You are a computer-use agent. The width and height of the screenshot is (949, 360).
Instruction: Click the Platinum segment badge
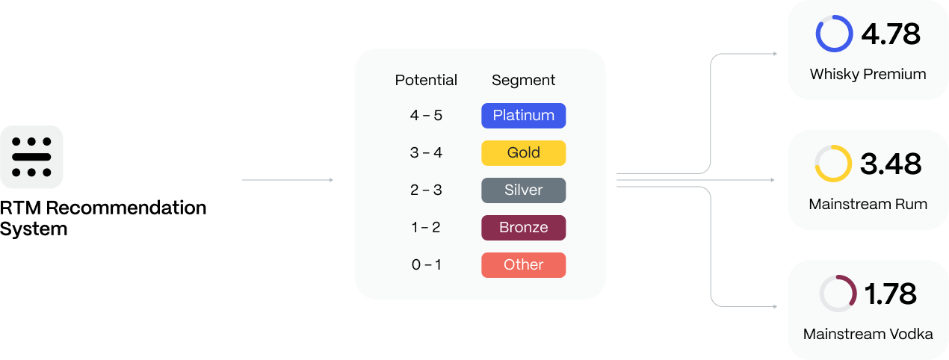(x=523, y=116)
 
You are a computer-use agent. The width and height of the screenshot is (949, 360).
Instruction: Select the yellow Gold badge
(x=523, y=153)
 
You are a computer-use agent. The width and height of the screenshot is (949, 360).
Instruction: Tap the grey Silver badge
(x=523, y=190)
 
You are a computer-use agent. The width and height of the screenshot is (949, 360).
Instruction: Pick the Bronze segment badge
(x=523, y=228)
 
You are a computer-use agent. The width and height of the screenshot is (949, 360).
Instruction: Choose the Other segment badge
(x=523, y=265)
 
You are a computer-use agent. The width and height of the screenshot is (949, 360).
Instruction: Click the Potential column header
(x=426, y=80)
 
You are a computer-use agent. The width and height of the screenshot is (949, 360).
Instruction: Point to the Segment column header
(x=523, y=80)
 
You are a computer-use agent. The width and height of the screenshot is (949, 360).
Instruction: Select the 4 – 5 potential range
(x=426, y=116)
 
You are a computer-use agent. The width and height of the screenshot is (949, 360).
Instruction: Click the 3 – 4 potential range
(x=426, y=153)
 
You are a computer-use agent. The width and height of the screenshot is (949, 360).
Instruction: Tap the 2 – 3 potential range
(x=426, y=190)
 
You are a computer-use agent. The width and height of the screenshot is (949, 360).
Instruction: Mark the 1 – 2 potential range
(x=426, y=228)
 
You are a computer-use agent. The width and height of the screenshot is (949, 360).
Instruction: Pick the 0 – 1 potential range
(x=426, y=265)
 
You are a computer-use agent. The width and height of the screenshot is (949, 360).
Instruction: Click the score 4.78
(x=890, y=34)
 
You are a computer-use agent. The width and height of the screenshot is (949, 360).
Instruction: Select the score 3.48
(x=890, y=164)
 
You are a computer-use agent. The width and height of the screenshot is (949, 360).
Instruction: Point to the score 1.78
(x=890, y=294)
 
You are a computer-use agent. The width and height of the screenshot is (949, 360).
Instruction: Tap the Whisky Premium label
(x=868, y=75)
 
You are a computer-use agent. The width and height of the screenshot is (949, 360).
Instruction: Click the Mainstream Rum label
(x=868, y=204)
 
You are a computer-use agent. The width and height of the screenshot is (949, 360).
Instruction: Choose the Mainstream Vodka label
(x=868, y=334)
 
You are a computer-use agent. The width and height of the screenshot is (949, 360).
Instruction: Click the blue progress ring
(x=834, y=34)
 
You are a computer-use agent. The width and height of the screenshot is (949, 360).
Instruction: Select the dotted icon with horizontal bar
(x=31, y=157)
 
